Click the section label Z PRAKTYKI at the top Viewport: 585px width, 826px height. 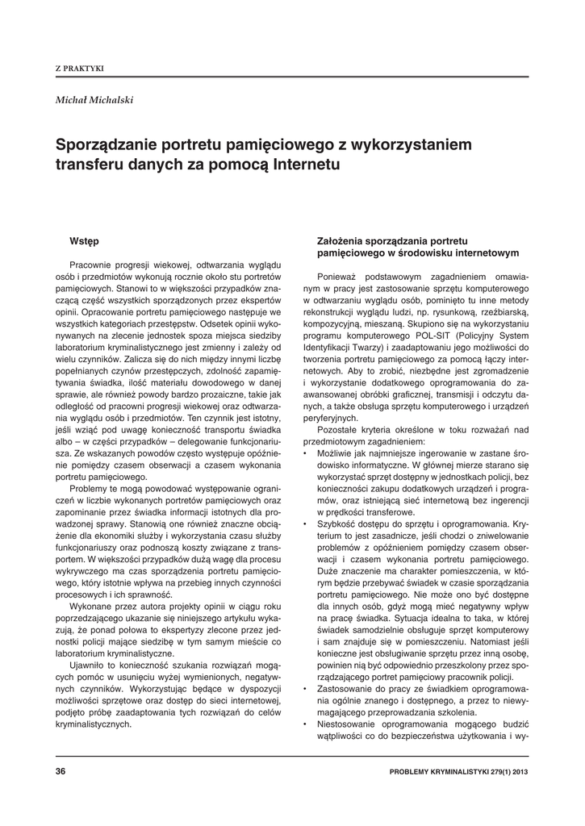79,69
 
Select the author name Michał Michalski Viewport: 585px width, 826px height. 94,100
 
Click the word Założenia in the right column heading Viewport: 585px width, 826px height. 343,241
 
